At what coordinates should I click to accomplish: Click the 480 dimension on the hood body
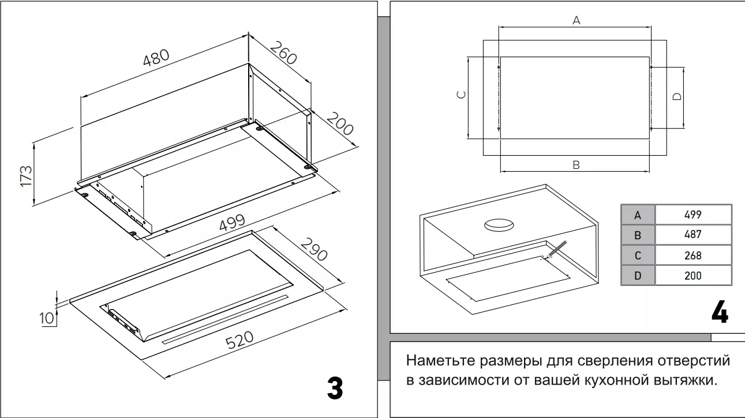pyautogui.click(x=156, y=58)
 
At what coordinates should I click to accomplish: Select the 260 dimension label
pyautogui.click(x=283, y=52)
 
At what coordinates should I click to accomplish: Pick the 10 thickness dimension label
pyautogui.click(x=47, y=318)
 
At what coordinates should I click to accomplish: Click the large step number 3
pyautogui.click(x=335, y=389)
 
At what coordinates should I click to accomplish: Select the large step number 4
pyautogui.click(x=719, y=313)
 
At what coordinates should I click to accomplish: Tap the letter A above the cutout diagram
pyautogui.click(x=575, y=21)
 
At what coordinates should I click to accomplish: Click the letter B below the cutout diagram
pyautogui.click(x=575, y=165)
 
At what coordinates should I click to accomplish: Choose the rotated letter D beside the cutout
pyautogui.click(x=677, y=96)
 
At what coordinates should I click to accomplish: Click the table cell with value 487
pyautogui.click(x=692, y=235)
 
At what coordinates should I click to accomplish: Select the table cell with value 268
pyautogui.click(x=692, y=255)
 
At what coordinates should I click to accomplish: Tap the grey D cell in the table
pyautogui.click(x=638, y=276)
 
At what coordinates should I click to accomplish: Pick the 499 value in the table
pyautogui.click(x=692, y=214)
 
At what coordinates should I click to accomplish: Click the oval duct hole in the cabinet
pyautogui.click(x=499, y=225)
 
